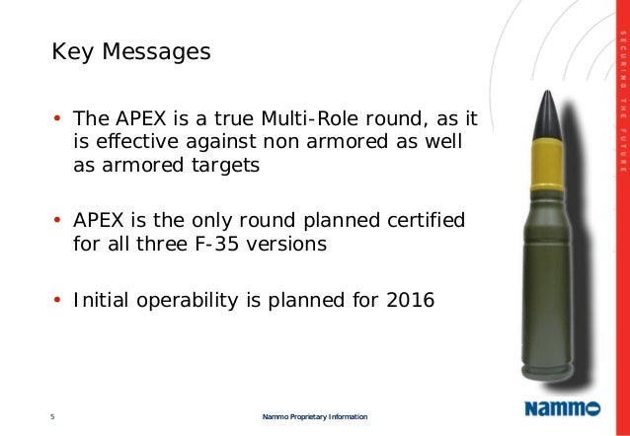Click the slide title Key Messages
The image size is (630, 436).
[130, 50]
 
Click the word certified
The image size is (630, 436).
[420, 218]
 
